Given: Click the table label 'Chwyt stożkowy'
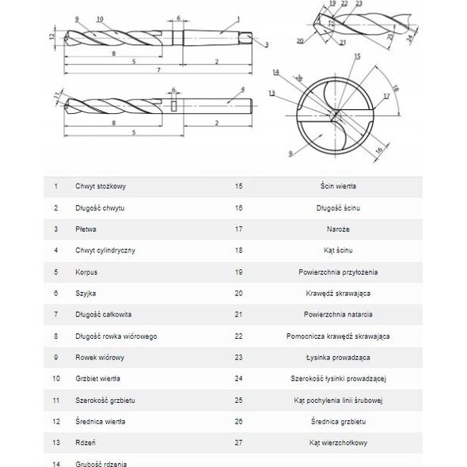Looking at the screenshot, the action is click(x=101, y=187).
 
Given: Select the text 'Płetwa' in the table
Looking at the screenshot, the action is click(x=85, y=230).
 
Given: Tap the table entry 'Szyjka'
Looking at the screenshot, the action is click(x=85, y=294).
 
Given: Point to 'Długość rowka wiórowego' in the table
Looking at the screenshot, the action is click(x=116, y=336).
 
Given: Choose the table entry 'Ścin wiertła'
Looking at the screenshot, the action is click(x=338, y=186).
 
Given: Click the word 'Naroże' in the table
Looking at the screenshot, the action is click(x=338, y=230).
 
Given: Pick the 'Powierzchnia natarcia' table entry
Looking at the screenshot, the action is click(x=338, y=314).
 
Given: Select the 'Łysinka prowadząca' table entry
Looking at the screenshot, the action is click(x=338, y=358).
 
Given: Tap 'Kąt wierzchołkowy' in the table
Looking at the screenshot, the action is click(x=338, y=443).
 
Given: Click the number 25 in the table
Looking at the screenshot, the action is click(x=238, y=401).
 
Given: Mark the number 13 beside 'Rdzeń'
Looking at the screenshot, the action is click(x=56, y=442).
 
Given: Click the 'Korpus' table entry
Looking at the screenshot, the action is click(x=86, y=272).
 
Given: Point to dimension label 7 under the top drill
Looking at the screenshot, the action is click(x=159, y=70).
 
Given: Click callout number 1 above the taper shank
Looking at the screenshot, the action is click(x=238, y=19).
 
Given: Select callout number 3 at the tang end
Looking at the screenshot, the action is click(x=267, y=44).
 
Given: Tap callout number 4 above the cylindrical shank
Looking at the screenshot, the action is click(x=243, y=89).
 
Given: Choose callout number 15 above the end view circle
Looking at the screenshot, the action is click(x=358, y=56).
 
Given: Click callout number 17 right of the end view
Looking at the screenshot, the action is click(x=386, y=97).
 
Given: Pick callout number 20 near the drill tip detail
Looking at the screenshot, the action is click(x=300, y=41).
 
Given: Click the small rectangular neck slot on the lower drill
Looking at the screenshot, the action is click(x=174, y=106).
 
